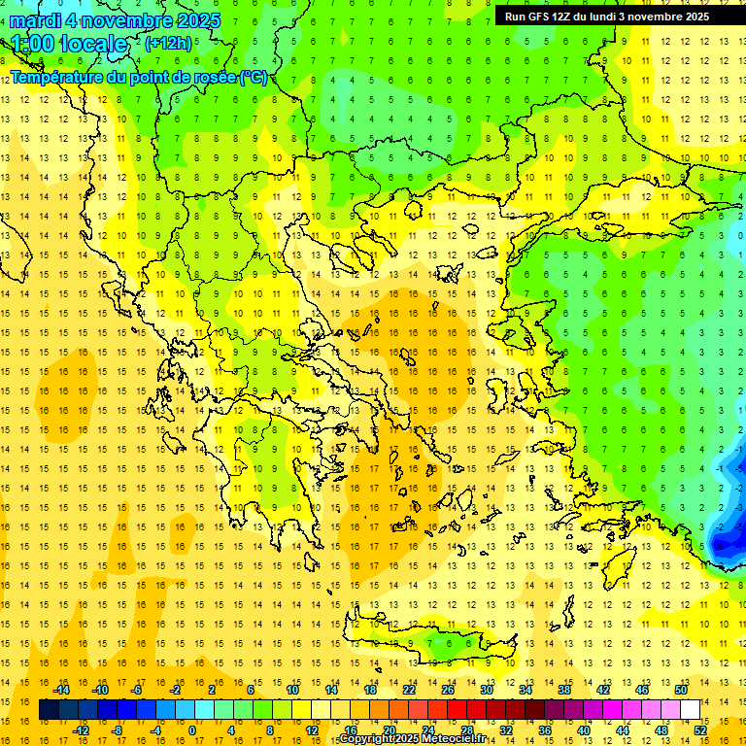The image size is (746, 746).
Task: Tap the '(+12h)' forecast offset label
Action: [x=168, y=43]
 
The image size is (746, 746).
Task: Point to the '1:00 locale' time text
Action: [x=70, y=44]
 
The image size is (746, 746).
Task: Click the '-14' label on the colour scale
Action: [x=62, y=690]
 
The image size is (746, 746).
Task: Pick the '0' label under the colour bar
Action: [x=191, y=730]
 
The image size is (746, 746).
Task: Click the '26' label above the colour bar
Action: [x=448, y=690]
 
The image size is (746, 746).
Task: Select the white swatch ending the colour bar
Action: [x=690, y=710]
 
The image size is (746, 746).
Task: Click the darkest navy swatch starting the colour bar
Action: [x=50, y=710]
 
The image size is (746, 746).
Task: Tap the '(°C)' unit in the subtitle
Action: [x=253, y=77]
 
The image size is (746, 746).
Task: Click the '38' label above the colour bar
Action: [x=564, y=690]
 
